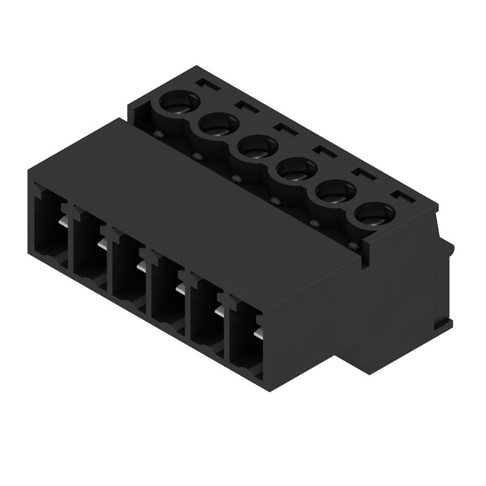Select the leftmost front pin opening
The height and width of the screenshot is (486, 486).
pos(50,230)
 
